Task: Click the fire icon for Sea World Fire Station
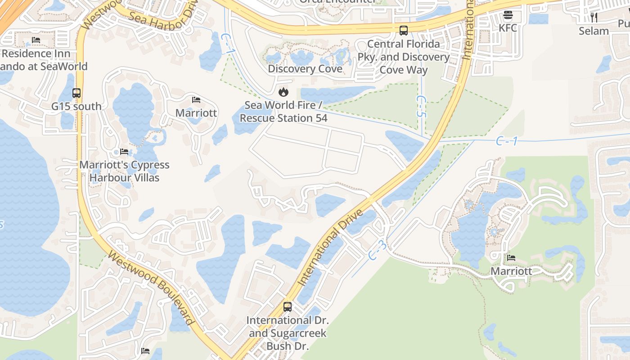click(x=283, y=92)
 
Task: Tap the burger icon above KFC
click(x=508, y=15)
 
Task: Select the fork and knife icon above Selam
click(x=594, y=18)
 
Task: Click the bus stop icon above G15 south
click(x=76, y=93)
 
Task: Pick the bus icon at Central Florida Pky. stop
click(x=404, y=31)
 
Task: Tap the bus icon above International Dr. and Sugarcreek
click(x=288, y=307)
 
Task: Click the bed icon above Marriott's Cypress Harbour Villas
click(x=124, y=152)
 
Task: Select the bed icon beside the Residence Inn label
click(x=36, y=40)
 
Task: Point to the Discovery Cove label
click(x=305, y=69)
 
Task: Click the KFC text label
click(x=508, y=28)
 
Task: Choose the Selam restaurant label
click(x=594, y=31)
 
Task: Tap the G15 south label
click(x=76, y=107)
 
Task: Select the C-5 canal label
click(x=421, y=106)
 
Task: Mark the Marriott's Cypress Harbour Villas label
click(x=124, y=171)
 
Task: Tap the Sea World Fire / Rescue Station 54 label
click(x=283, y=112)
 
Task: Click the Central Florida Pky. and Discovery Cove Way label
click(x=404, y=57)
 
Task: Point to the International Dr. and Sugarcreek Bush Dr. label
click(x=288, y=333)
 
